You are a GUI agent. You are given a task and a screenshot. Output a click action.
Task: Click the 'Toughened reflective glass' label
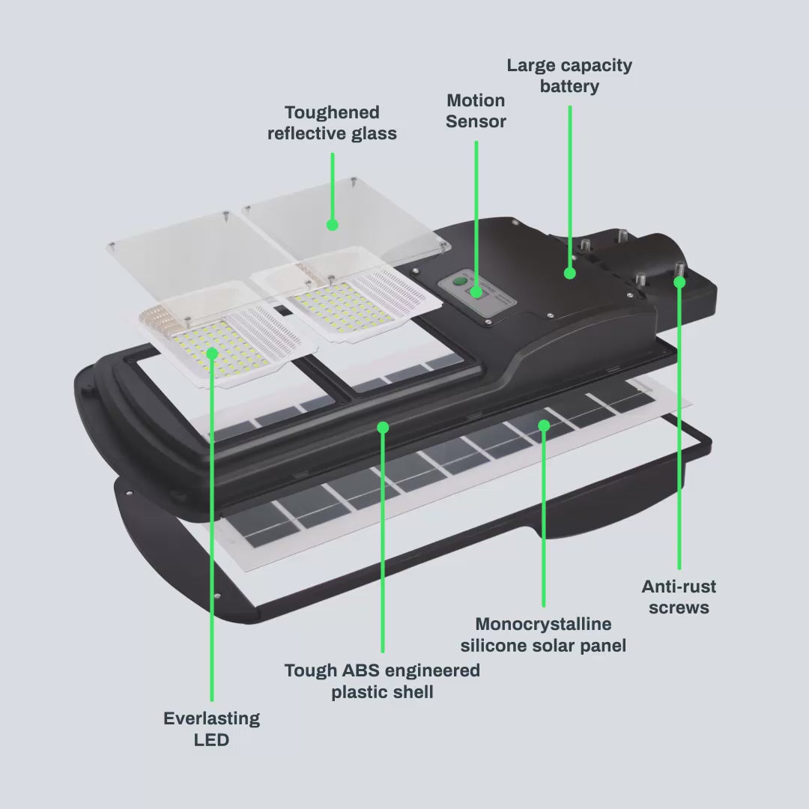tap(332, 123)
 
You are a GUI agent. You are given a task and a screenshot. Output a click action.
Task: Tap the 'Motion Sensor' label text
tap(476, 110)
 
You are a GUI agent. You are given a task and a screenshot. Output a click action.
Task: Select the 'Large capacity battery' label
tap(569, 76)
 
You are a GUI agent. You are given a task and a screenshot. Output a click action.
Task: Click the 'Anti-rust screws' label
tap(679, 597)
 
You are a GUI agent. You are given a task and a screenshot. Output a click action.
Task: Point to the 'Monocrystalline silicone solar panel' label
tap(543, 634)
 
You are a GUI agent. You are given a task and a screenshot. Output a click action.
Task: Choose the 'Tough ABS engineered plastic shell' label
tap(382, 680)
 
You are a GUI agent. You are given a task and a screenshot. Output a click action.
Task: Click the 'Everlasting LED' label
tap(211, 729)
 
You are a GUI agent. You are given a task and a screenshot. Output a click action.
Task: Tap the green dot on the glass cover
tap(333, 224)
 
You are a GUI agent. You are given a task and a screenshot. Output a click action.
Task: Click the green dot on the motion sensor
tap(476, 290)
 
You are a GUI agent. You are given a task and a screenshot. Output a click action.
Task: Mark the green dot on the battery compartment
tap(569, 273)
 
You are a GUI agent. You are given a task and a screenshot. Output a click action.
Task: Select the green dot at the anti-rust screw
tap(679, 282)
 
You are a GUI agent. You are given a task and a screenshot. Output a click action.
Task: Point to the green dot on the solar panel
tap(544, 425)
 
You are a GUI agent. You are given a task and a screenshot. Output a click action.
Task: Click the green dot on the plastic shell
tap(383, 427)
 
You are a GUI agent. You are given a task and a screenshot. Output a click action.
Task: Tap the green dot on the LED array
tap(212, 352)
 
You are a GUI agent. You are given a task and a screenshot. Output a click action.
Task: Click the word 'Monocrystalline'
tap(543, 624)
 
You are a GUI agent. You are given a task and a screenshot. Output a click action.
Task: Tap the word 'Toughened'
tap(332, 112)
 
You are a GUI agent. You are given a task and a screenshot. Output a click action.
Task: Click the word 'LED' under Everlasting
tap(211, 740)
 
